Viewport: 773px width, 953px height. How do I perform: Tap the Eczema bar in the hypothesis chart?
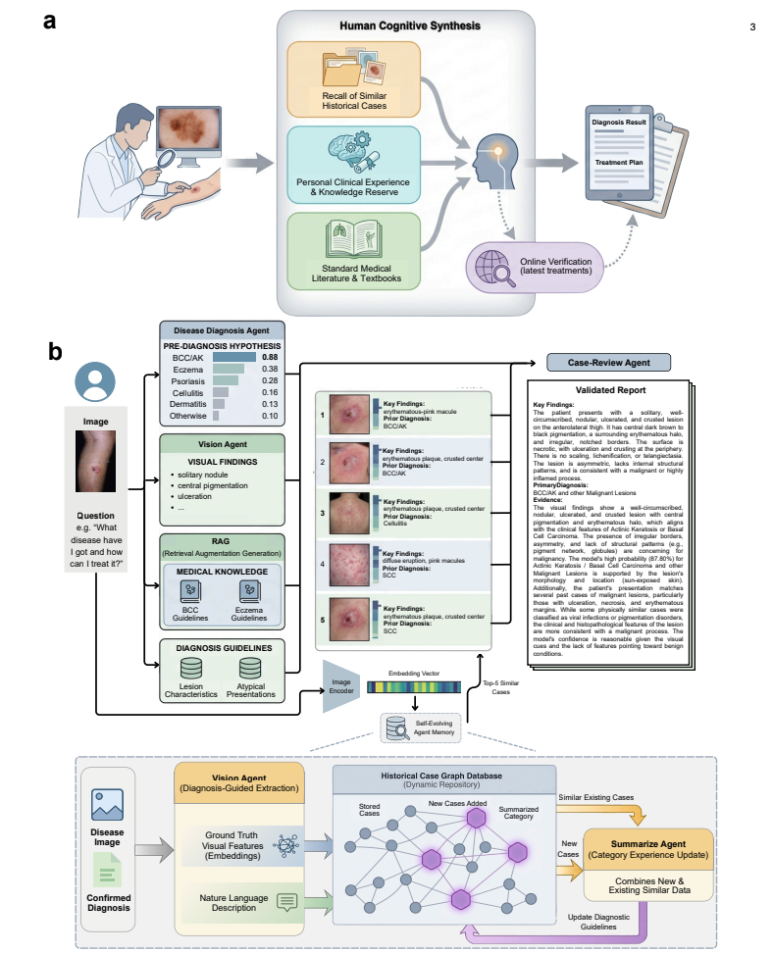(x=229, y=369)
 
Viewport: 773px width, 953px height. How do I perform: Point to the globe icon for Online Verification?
(x=491, y=268)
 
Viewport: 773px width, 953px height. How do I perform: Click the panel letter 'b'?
(x=55, y=350)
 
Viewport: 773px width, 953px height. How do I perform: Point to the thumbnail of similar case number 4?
(x=348, y=565)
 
